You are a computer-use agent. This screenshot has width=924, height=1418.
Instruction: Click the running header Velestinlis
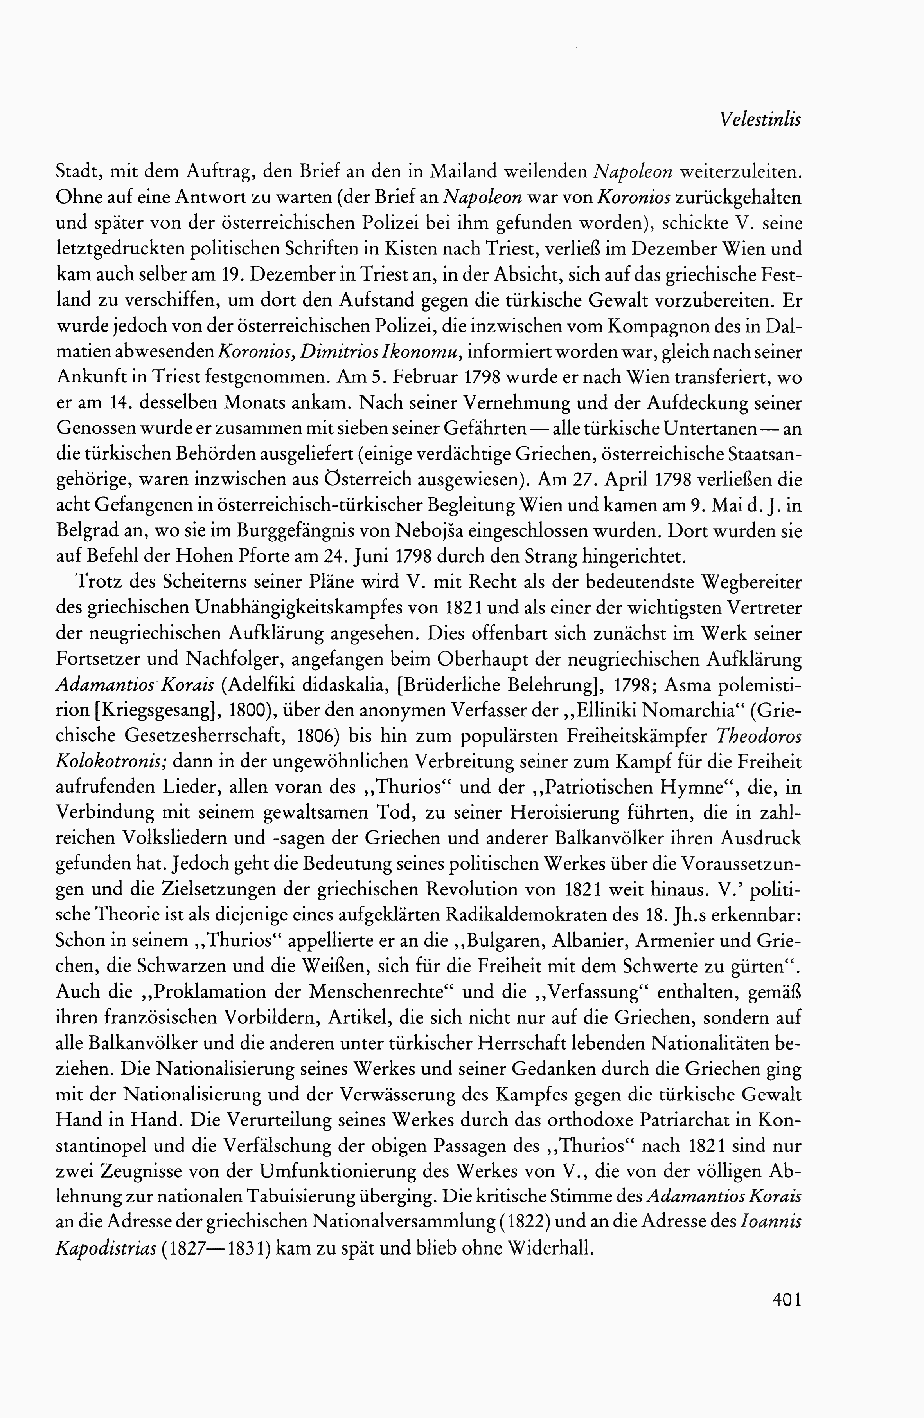pyautogui.click(x=760, y=120)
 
